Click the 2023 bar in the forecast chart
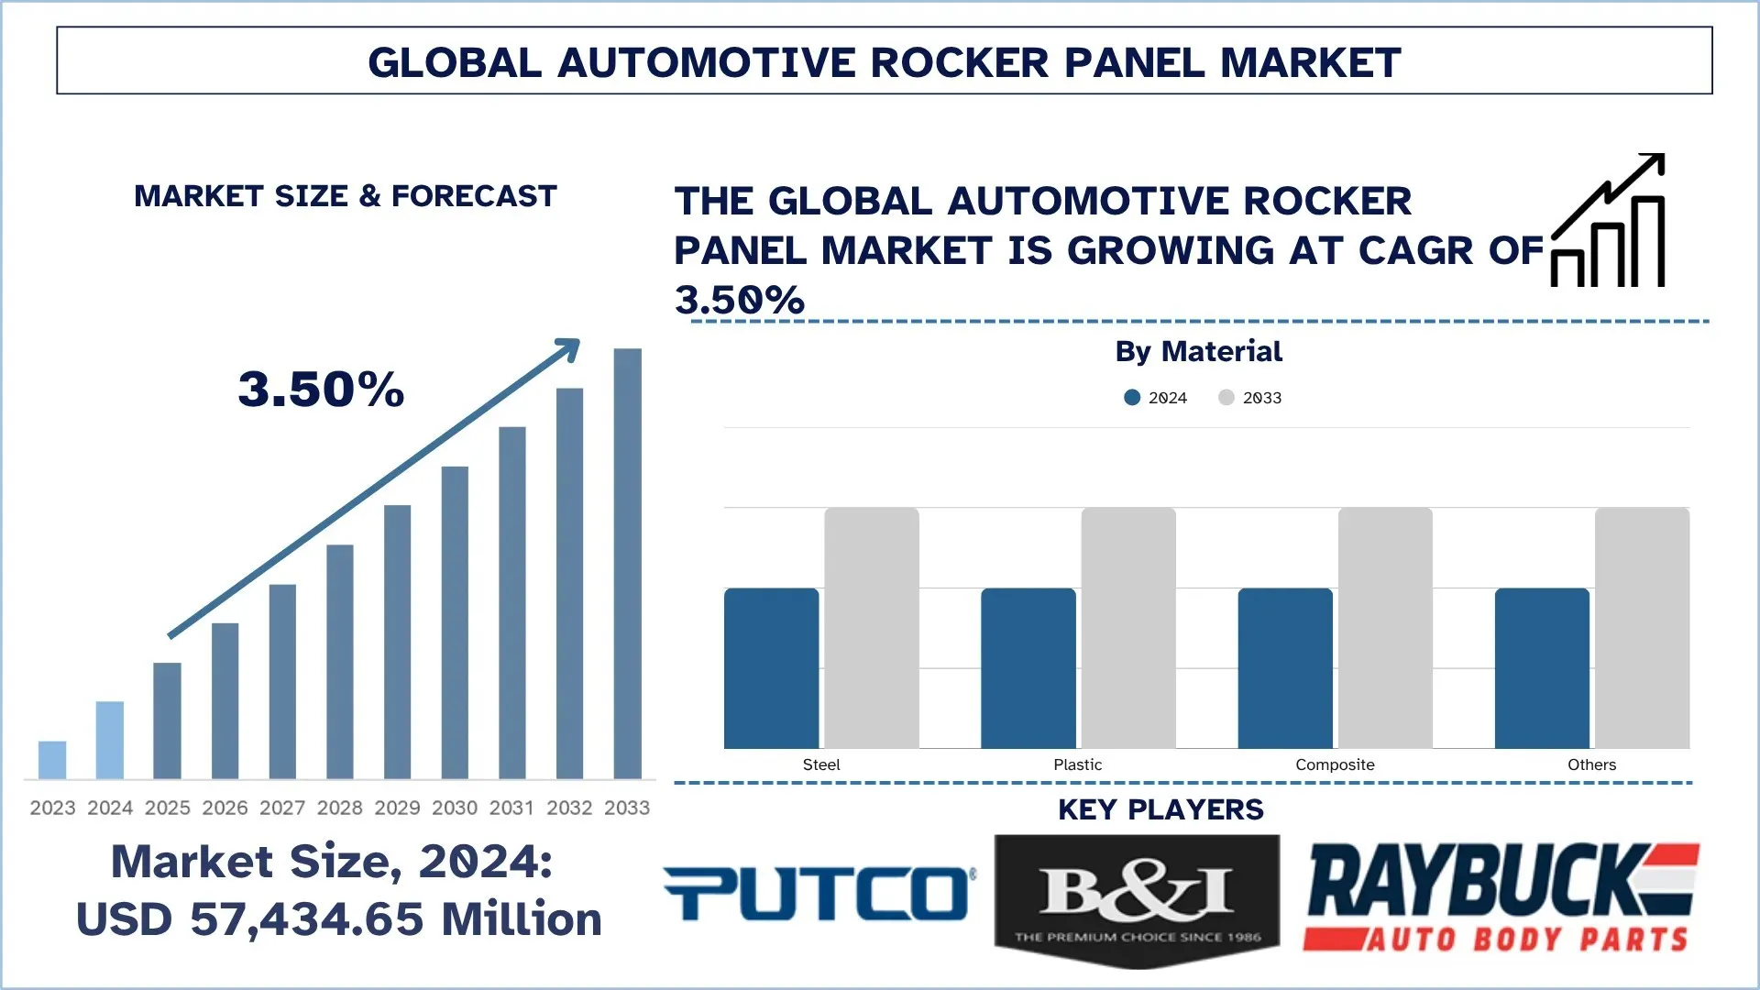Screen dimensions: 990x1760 [x=52, y=760]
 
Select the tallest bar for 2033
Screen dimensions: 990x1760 [x=627, y=564]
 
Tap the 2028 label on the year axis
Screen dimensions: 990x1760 [x=340, y=808]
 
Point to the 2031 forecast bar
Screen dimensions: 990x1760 [x=512, y=602]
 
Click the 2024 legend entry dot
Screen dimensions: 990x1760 [x=1132, y=398]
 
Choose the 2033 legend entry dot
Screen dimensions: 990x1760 [x=1226, y=398]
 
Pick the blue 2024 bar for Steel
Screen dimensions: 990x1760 [x=771, y=668]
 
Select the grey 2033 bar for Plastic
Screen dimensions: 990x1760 [x=1128, y=628]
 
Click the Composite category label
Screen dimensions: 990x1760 [x=1335, y=764]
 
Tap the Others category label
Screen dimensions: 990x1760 [x=1591, y=764]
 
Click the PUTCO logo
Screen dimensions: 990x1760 [x=819, y=893]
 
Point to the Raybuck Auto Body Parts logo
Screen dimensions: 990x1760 [x=1501, y=897]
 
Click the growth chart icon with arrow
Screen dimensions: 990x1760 [x=1608, y=221]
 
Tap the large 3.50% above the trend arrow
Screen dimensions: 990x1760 [x=321, y=390]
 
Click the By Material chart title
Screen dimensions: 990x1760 [x=1198, y=351]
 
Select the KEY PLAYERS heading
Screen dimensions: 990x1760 [x=1160, y=809]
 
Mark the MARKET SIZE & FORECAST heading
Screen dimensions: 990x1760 [x=346, y=196]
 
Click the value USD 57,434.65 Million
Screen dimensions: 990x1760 [x=338, y=919]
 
